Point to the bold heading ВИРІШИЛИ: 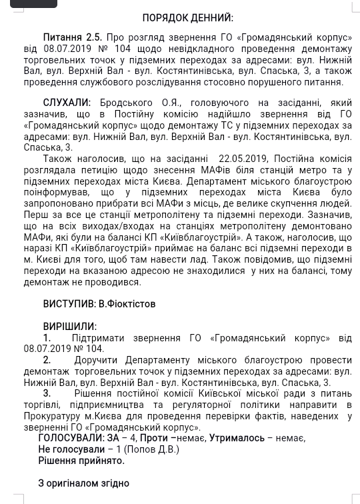point(69,327)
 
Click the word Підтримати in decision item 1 point(98,338)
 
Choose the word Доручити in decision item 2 point(96,360)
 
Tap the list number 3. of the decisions point(47,393)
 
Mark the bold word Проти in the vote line point(154,438)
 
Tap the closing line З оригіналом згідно point(83,483)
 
